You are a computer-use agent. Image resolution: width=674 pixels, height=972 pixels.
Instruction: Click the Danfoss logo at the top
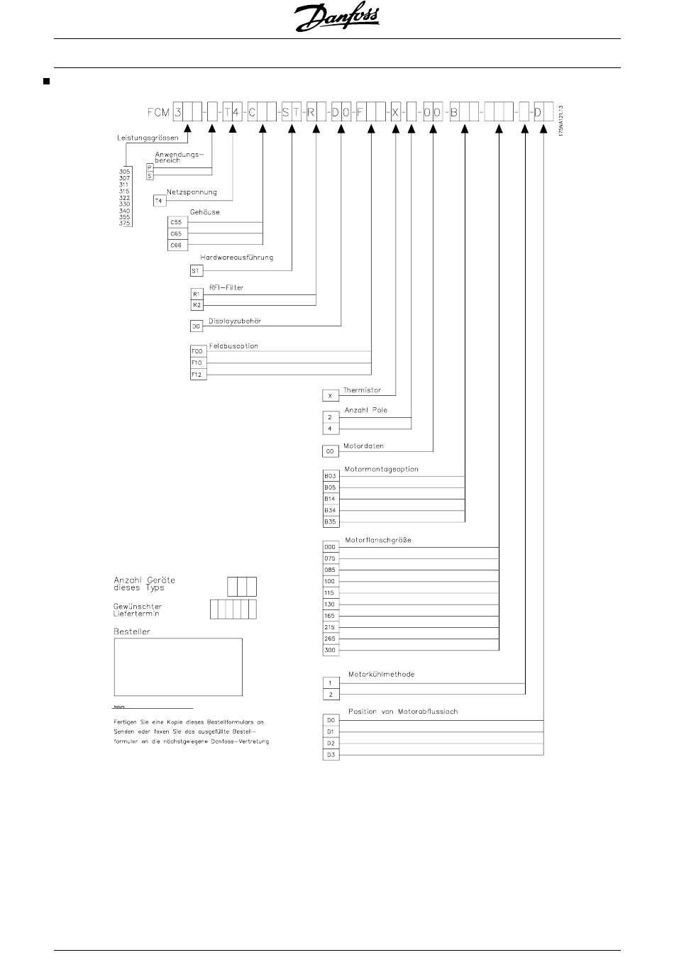coord(336,18)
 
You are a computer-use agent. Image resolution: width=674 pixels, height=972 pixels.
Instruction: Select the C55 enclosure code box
coord(176,222)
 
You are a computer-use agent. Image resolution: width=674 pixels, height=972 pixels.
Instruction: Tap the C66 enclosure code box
coord(176,245)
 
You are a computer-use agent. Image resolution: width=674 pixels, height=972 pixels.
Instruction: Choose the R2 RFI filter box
coord(197,304)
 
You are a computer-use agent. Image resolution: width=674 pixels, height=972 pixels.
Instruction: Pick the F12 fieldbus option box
coord(198,374)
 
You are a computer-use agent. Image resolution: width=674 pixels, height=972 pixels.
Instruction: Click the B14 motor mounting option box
coord(330,499)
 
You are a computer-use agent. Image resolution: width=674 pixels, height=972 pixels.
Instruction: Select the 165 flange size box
coord(330,616)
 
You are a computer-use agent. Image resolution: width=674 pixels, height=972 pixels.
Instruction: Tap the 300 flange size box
coord(330,650)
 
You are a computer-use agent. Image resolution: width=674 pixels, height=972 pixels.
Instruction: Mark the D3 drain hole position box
coord(331,755)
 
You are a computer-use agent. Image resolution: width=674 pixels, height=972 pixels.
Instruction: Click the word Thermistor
coord(362,390)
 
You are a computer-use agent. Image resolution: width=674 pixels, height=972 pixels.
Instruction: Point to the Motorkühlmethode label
coord(381,674)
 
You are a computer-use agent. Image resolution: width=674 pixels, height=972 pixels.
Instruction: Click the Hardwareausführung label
coord(236,258)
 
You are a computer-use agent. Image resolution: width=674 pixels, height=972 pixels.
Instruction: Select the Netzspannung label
coord(192,192)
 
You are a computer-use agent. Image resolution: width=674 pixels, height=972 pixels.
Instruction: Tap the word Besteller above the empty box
coord(132,631)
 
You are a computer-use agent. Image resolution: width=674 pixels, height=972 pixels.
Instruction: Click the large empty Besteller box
coord(178,667)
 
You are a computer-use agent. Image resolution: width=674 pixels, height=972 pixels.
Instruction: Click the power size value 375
coord(125,223)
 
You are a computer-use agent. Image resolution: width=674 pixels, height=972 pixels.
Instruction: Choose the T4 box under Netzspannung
coord(159,201)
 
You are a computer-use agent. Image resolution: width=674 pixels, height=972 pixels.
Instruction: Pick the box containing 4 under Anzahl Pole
coord(330,429)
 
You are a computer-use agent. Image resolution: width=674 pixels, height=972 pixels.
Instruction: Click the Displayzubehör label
coord(235,321)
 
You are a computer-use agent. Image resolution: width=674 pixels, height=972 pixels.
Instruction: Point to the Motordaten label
coord(363,446)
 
